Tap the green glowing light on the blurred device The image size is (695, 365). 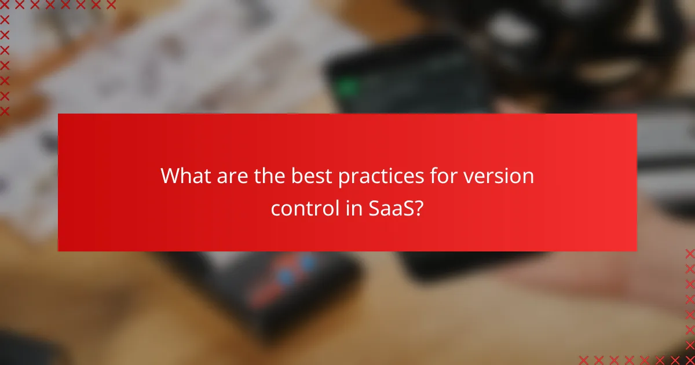348,88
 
